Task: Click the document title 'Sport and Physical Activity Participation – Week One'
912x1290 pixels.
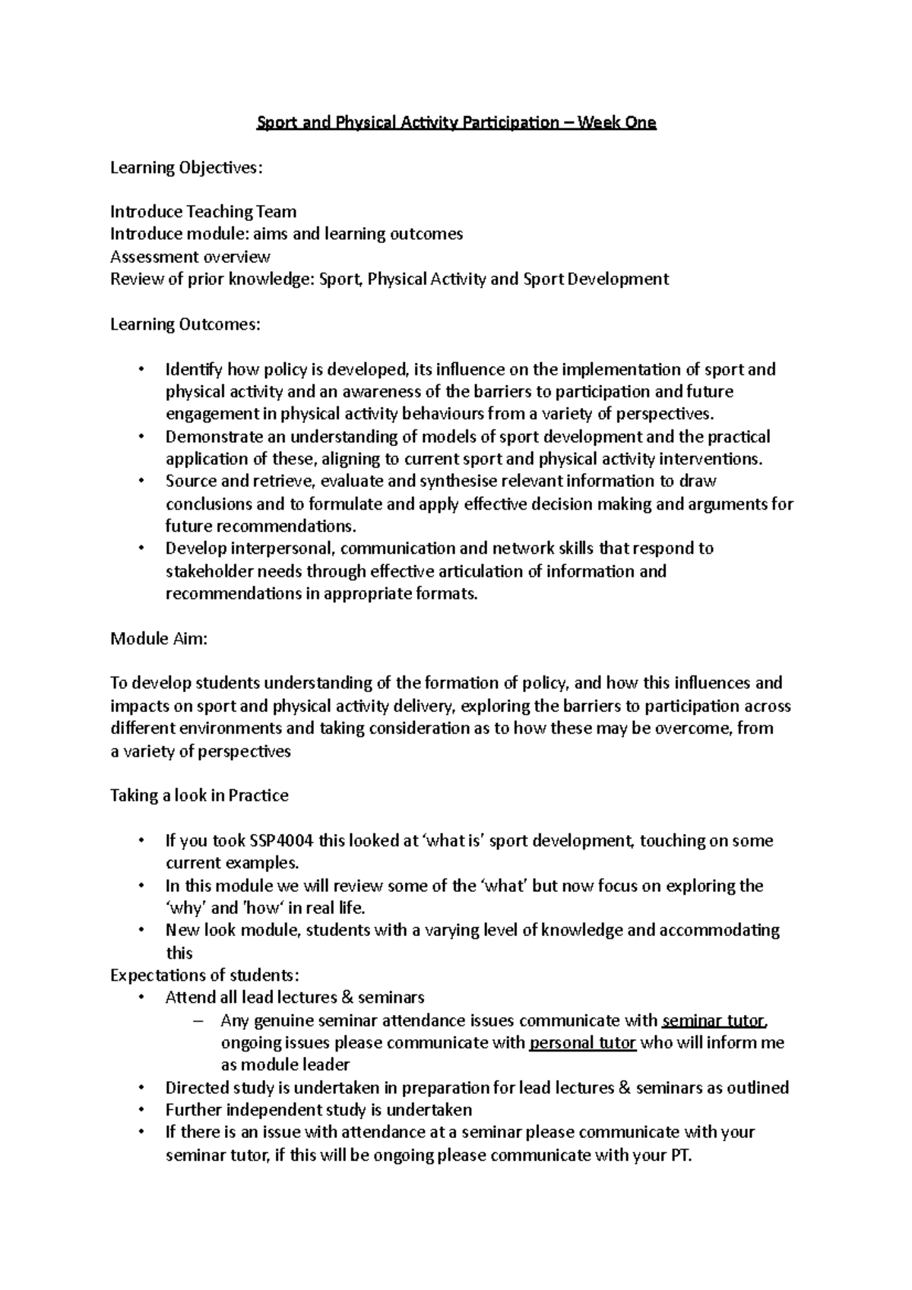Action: [x=455, y=122]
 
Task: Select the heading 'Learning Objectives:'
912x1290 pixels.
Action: [x=186, y=167]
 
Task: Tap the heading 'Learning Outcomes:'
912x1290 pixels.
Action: [x=185, y=324]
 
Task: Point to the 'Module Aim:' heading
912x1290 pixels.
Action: [x=159, y=638]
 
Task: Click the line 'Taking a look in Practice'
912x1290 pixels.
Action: [x=199, y=795]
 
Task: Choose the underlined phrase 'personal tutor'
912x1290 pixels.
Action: [x=582, y=1042]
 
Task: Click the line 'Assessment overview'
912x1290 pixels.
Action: [x=190, y=257]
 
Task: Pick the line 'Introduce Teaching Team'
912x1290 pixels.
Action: [x=203, y=212]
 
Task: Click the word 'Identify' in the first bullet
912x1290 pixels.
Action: [x=194, y=370]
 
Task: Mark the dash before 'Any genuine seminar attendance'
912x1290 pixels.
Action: [x=200, y=1020]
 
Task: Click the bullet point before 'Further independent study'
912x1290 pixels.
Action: [x=141, y=1110]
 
